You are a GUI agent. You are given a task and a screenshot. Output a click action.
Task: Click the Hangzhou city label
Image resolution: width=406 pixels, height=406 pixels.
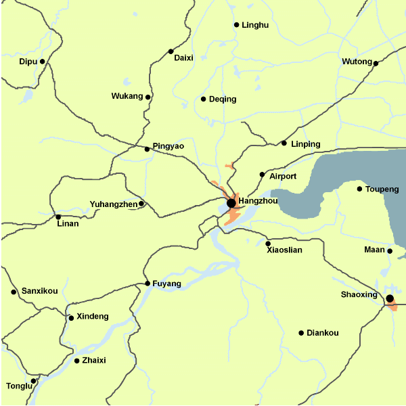click(x=258, y=202)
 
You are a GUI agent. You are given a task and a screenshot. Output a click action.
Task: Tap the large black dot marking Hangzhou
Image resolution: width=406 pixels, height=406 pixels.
click(x=231, y=203)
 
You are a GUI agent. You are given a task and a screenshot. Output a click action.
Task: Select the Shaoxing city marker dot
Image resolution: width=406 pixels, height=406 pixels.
click(x=390, y=298)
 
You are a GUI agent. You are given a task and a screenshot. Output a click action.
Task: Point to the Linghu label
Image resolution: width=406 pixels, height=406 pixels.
click(x=255, y=25)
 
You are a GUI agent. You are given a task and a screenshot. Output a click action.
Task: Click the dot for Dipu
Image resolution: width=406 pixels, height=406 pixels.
click(x=43, y=62)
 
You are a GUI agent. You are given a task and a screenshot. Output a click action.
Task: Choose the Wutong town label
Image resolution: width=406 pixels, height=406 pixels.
click(x=357, y=62)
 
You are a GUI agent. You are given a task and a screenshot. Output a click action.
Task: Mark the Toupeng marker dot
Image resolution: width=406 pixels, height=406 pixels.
click(x=360, y=189)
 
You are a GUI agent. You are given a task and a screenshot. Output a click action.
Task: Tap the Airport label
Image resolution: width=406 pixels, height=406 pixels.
click(x=283, y=177)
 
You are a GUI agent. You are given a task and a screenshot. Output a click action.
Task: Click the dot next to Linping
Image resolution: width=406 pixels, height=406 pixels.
click(x=284, y=143)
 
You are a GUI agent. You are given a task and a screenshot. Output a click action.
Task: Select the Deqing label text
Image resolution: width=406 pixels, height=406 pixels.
click(x=223, y=99)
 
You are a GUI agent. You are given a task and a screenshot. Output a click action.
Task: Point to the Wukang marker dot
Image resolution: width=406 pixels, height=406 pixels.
click(x=148, y=97)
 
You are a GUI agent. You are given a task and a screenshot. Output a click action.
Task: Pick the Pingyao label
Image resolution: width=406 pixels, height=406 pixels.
click(x=168, y=146)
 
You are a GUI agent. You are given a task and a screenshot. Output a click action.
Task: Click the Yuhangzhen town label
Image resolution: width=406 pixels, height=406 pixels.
click(x=113, y=204)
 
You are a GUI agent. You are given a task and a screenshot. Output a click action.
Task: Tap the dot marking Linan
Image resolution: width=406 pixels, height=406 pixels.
click(x=58, y=217)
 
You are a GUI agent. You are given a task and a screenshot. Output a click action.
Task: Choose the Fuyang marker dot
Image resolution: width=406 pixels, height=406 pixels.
click(x=148, y=284)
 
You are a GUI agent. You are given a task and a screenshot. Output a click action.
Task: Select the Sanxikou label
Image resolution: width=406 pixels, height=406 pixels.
click(x=39, y=292)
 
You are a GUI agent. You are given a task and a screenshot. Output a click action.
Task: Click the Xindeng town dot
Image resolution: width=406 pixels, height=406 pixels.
click(x=71, y=317)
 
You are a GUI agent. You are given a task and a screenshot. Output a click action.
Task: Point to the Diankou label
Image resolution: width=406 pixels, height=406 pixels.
click(x=322, y=333)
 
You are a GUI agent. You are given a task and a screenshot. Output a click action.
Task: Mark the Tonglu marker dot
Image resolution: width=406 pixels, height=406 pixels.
click(x=33, y=381)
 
